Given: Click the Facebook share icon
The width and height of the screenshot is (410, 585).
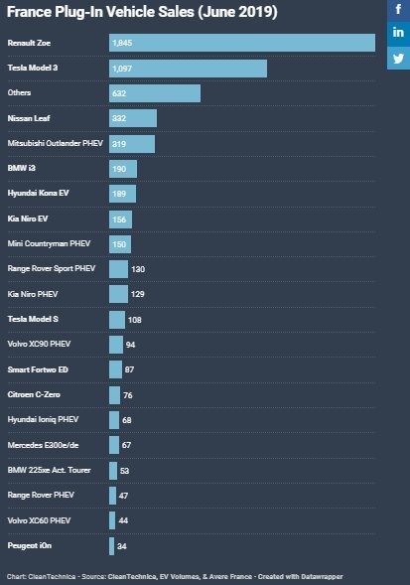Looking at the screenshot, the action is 398,10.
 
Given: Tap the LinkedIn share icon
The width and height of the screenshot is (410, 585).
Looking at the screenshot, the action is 398,33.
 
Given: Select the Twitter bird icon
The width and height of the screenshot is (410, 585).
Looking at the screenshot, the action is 398,59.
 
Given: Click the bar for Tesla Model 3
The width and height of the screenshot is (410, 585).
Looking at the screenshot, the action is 188,69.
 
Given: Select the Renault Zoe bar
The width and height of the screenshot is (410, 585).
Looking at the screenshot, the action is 242,43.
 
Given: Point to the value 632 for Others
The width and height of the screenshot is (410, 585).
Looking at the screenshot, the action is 119,93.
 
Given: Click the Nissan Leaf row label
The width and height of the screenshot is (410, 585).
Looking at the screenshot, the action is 29,118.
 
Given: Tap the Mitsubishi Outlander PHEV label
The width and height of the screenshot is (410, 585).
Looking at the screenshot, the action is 56,143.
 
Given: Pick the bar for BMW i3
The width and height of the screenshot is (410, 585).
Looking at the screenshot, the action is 123,169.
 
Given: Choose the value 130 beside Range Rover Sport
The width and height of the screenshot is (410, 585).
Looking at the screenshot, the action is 138,269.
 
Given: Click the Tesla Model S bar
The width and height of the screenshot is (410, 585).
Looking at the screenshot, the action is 117,320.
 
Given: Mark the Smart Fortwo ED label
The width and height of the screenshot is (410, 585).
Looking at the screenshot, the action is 38,369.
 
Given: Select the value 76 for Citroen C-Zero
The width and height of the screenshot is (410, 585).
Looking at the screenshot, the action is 128,395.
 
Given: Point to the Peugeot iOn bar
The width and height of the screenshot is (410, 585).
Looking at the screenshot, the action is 111,546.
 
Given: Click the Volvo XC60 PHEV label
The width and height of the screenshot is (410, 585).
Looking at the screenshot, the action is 39,520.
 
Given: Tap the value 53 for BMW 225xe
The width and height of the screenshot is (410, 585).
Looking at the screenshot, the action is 125,471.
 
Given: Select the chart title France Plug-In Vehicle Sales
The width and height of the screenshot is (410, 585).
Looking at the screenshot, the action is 100,12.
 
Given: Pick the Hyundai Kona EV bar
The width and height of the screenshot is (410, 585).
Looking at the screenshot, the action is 123,194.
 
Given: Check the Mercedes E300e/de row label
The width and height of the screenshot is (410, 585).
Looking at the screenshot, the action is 43,445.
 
